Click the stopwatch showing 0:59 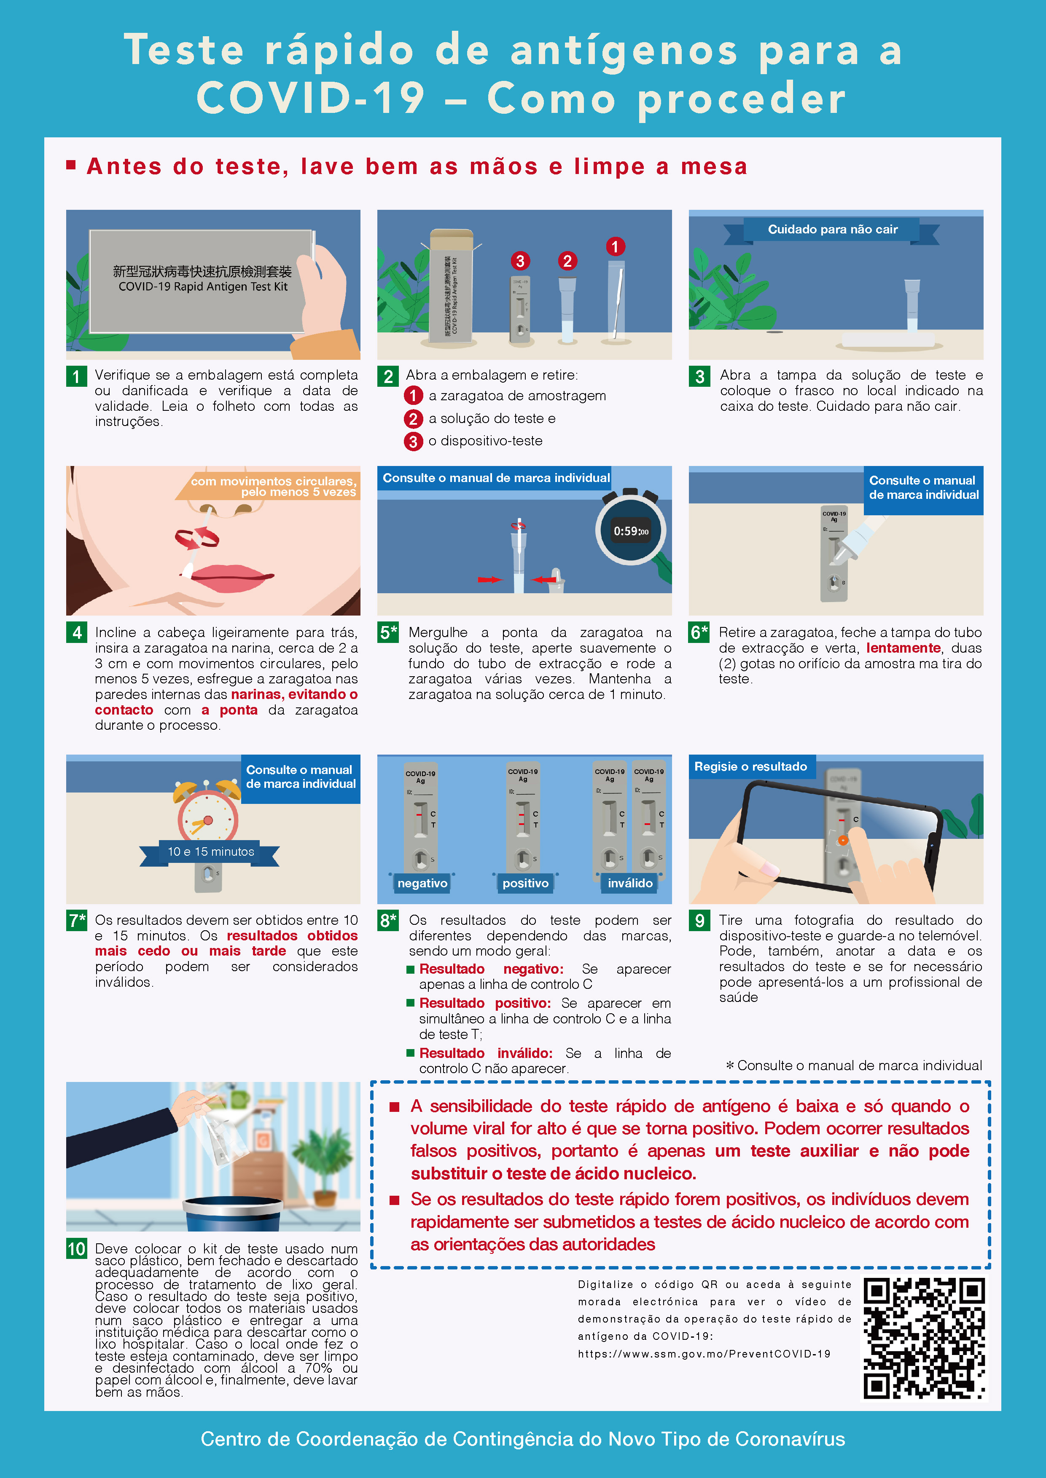[631, 529]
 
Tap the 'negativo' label [422, 883]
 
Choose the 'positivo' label [526, 883]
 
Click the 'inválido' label [630, 883]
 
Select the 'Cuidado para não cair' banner [832, 230]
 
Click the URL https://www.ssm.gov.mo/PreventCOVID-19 [704, 1354]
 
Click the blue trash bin [233, 1213]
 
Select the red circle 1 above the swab [615, 246]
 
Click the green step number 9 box [699, 921]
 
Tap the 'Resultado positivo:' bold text [485, 1003]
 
